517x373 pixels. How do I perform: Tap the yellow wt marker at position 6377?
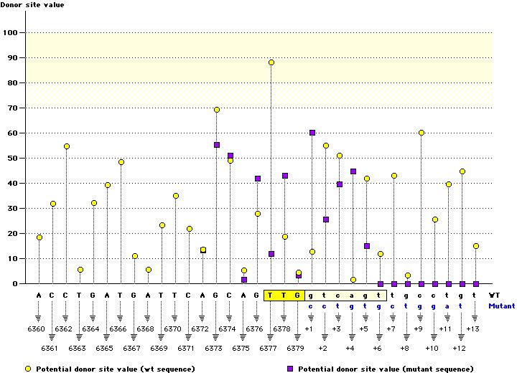pos(271,62)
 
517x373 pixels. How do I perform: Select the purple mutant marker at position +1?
pos(312,133)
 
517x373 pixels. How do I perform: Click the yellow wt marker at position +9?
pos(421,133)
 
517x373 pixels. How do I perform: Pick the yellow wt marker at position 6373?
pos(217,110)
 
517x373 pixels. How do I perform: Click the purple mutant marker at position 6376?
pos(258,179)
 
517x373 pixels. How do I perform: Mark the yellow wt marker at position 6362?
pos(67,146)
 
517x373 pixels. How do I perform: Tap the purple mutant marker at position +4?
pos(353,171)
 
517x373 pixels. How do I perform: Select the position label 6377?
pos(271,348)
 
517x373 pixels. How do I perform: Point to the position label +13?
pos(472,329)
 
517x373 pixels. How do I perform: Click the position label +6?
pos(378,348)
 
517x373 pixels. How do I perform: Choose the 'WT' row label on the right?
pos(494,295)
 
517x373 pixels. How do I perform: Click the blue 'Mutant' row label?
pos(500,306)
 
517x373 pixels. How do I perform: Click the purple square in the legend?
pos(291,369)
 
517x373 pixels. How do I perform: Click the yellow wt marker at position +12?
pos(462,171)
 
